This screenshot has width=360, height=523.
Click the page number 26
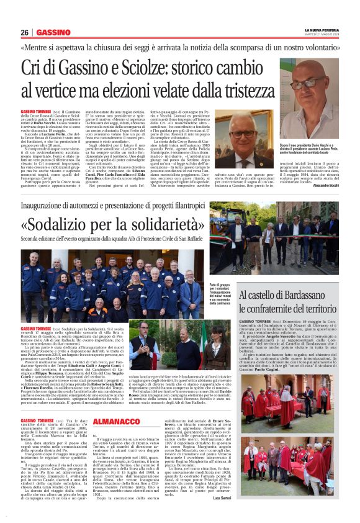coord(24,33)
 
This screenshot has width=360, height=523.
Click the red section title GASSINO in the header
coord(53,33)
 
